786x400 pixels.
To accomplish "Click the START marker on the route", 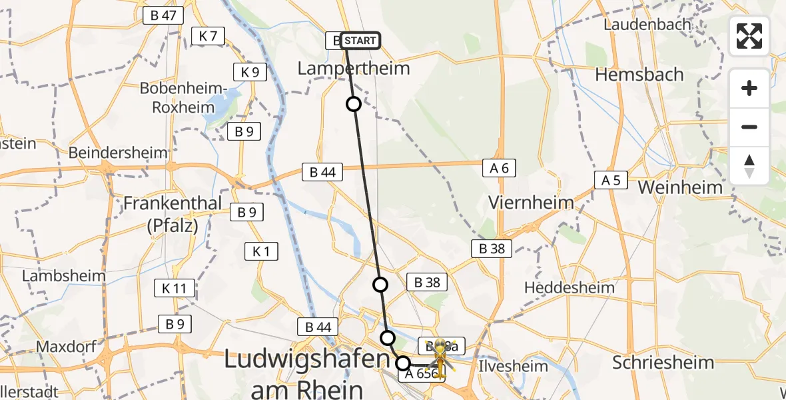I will click(x=360, y=41).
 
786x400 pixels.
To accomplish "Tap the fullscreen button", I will click(x=749, y=36).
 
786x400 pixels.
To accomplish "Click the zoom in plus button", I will click(x=749, y=88).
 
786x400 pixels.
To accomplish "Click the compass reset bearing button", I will click(x=749, y=166).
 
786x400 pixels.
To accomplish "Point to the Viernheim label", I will click(x=531, y=203).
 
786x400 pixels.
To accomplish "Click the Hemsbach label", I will click(x=639, y=74).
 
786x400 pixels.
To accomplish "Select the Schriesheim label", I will click(x=663, y=363).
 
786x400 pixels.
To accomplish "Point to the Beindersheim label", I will click(x=119, y=153).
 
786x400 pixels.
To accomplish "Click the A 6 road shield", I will click(x=499, y=169).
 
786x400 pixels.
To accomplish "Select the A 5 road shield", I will click(x=611, y=179).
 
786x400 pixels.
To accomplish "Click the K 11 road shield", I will click(x=175, y=288).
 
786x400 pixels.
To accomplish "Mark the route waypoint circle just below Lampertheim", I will click(x=354, y=104).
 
